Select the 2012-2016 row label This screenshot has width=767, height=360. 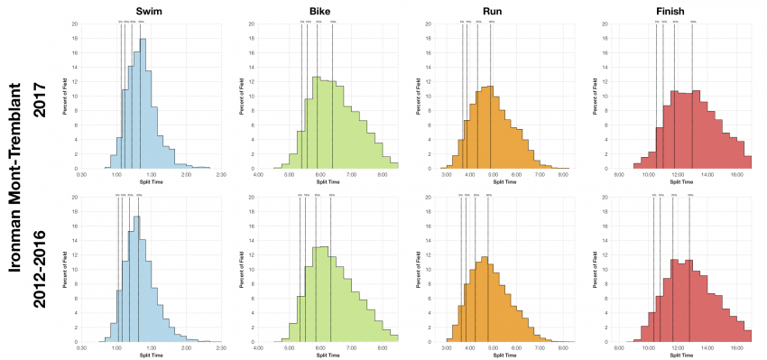click(41, 267)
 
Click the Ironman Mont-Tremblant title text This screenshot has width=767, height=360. click(15, 180)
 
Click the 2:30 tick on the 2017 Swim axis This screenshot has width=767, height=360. click(221, 174)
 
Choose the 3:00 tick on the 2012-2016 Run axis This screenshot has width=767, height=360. click(447, 347)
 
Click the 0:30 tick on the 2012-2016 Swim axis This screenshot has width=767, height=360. click(82, 347)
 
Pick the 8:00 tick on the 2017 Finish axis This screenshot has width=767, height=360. click(619, 174)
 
